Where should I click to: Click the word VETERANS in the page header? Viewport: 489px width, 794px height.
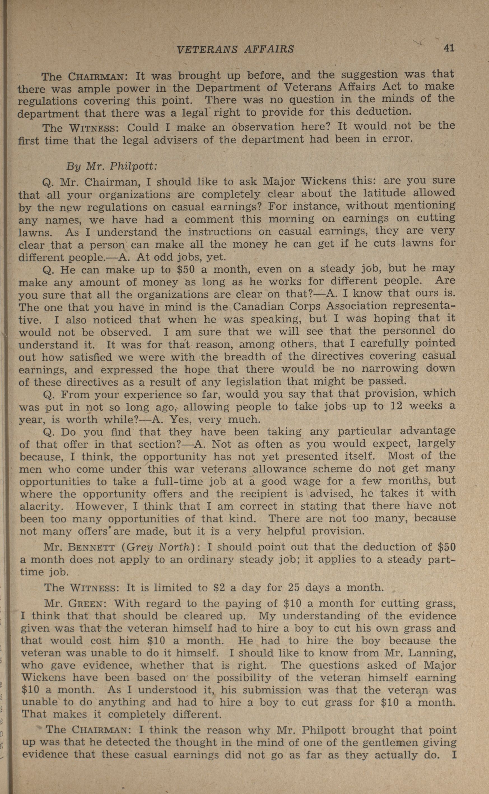(x=206, y=49)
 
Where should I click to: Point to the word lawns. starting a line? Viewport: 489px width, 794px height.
(x=35, y=233)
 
